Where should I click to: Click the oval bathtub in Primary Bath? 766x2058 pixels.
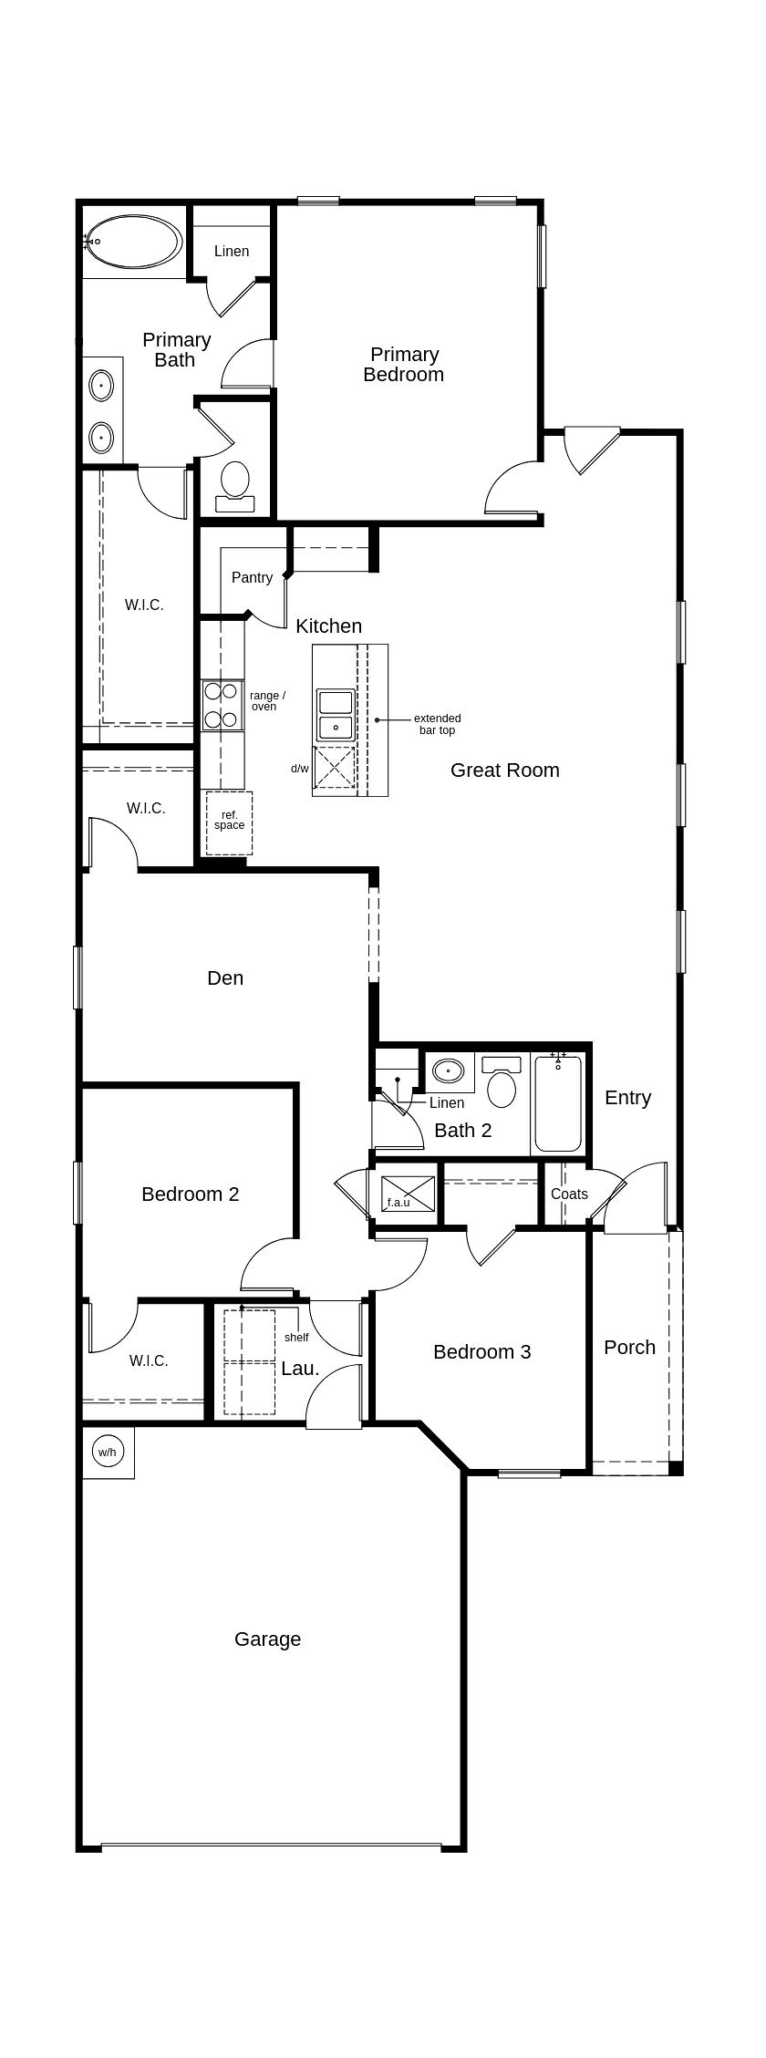click(134, 242)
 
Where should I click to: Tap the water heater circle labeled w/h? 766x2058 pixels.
click(108, 1452)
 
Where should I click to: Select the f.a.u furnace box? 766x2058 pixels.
click(408, 1194)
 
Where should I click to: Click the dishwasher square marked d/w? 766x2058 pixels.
click(334, 767)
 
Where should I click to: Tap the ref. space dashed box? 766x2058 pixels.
click(229, 822)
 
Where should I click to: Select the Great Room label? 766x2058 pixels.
click(504, 770)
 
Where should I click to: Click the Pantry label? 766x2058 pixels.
click(252, 577)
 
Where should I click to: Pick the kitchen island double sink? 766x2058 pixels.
click(335, 715)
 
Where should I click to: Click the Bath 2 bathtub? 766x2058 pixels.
click(557, 1103)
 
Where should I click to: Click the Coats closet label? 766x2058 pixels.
click(569, 1194)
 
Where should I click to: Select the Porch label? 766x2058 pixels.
click(629, 1348)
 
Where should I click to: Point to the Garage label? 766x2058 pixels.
click(267, 1639)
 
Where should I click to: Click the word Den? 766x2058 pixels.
click(225, 978)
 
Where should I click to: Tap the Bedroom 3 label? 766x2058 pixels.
click(481, 1352)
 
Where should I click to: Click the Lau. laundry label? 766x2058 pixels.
click(300, 1369)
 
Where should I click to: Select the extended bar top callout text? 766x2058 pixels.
click(437, 725)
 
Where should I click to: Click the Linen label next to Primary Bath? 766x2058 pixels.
click(232, 252)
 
